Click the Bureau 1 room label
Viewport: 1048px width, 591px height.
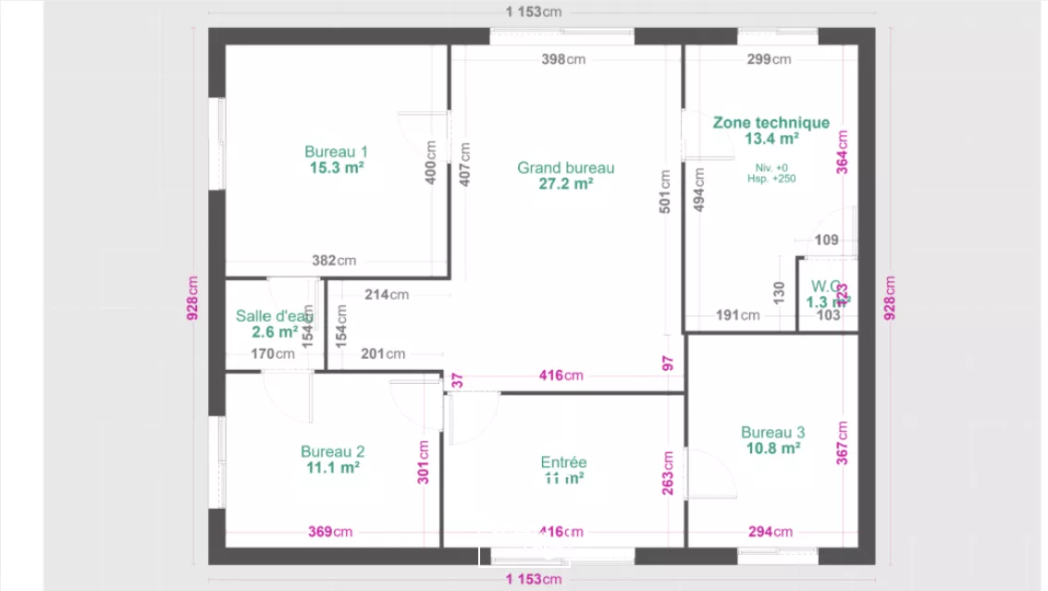[337, 152]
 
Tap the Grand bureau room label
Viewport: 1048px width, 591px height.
[565, 167]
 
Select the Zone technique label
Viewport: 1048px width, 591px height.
[771, 122]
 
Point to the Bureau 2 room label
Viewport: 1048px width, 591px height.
[332, 451]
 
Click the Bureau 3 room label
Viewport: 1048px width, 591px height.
[772, 432]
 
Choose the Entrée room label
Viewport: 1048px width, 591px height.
[563, 462]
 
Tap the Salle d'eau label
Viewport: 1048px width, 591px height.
[275, 315]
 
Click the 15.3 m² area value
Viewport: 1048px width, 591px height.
[337, 168]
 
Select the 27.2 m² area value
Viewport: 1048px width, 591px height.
[565, 183]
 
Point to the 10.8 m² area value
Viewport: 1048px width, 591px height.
[772, 449]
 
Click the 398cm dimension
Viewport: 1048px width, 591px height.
[564, 60]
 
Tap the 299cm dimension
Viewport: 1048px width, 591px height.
[769, 60]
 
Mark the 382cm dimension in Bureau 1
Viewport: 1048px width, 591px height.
[334, 261]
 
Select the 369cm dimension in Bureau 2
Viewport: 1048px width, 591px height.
[330, 532]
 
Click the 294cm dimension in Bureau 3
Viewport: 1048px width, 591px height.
[770, 532]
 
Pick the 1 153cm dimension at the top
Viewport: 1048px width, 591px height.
[534, 12]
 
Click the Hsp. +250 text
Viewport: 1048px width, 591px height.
[771, 179]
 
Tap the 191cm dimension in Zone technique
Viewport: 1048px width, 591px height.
[737, 315]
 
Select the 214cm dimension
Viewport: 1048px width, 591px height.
[386, 295]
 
